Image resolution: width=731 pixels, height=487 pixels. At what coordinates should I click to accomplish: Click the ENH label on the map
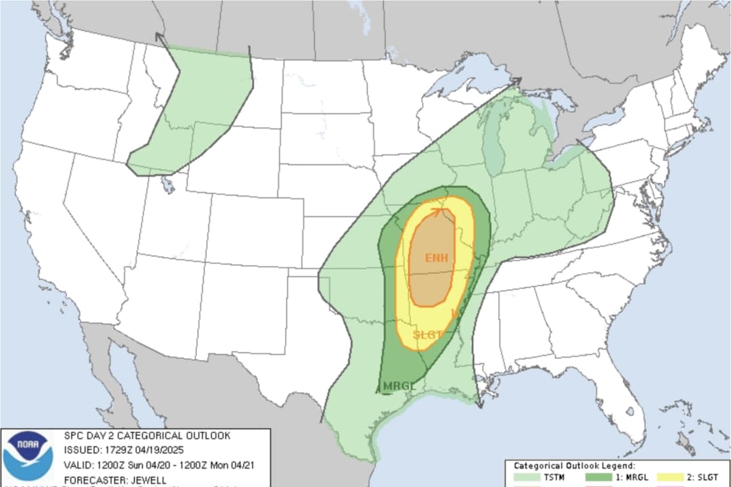click(x=436, y=258)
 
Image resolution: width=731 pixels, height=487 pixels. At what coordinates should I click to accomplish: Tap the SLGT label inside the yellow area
click(x=428, y=335)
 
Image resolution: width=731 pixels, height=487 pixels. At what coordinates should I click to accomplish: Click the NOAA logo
click(x=28, y=455)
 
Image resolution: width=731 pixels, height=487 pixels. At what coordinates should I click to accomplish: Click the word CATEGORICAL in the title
click(x=141, y=436)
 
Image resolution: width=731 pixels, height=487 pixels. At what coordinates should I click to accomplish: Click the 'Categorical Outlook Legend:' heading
click(x=574, y=466)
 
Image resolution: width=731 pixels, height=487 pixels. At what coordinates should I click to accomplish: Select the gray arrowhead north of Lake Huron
click(x=517, y=80)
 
